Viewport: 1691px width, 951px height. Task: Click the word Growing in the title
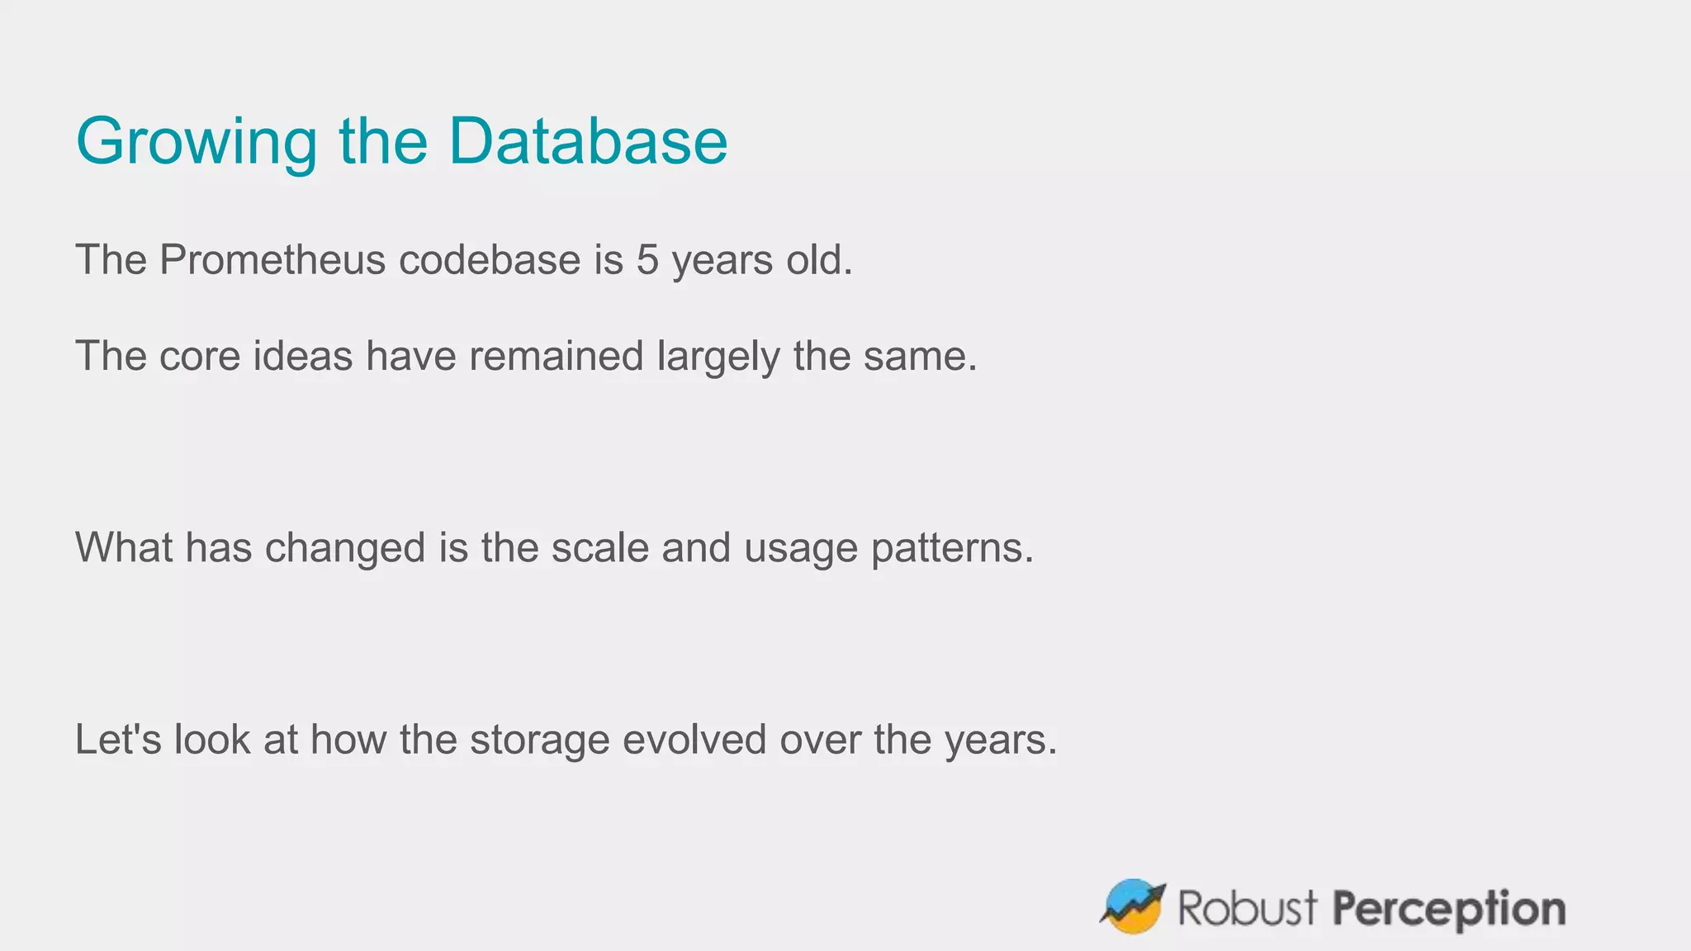coord(196,142)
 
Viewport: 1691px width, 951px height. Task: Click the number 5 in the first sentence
coord(647,260)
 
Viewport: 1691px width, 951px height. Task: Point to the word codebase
coord(490,260)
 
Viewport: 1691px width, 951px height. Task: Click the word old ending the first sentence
coord(818,260)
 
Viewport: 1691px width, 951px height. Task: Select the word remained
coord(556,357)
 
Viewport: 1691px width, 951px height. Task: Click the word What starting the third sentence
coord(123,547)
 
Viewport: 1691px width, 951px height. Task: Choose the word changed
coord(344,549)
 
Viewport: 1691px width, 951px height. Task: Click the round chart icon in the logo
coord(1133,906)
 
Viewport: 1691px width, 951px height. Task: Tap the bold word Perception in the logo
coord(1449,910)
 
